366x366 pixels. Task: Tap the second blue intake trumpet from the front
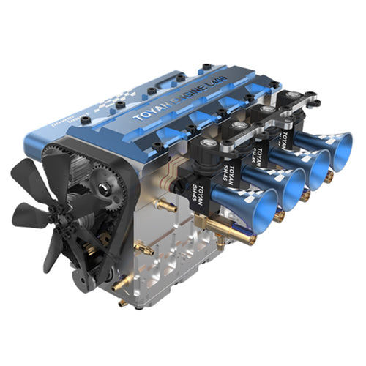tap(289, 187)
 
